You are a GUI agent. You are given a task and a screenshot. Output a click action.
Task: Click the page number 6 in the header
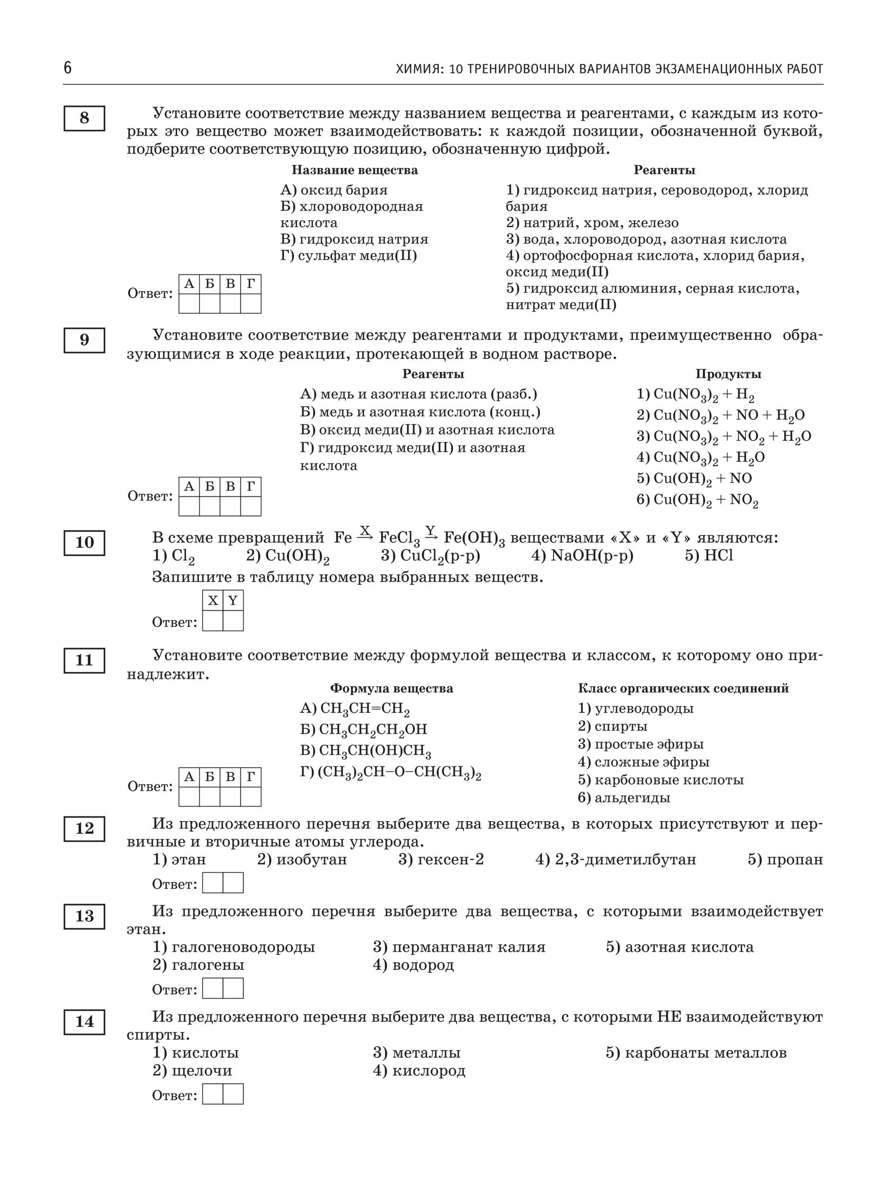point(67,68)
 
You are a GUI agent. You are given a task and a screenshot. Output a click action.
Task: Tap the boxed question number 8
point(84,118)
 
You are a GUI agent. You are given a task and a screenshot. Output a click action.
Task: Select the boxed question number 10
point(84,542)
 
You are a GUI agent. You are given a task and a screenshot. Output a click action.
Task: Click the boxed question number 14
point(84,1022)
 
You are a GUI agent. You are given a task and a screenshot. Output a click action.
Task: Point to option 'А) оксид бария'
point(333,190)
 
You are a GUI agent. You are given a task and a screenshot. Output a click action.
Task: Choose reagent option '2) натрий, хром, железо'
point(592,223)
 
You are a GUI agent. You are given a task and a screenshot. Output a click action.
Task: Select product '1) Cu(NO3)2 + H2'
point(695,395)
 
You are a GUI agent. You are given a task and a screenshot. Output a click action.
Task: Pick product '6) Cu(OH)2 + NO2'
point(697,500)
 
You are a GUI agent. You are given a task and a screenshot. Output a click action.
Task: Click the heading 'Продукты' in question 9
point(728,374)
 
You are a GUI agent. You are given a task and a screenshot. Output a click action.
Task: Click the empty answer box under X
point(213,621)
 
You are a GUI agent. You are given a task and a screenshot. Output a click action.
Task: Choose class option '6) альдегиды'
point(623,798)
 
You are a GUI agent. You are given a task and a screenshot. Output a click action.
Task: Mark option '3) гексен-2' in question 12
point(441,859)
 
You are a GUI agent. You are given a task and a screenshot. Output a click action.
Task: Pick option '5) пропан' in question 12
point(784,859)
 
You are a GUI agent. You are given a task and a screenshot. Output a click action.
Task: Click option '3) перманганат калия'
point(459,947)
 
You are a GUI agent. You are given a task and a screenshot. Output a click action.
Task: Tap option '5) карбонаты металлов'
point(696,1053)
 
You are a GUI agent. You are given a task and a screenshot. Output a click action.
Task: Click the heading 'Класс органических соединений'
point(683,688)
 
